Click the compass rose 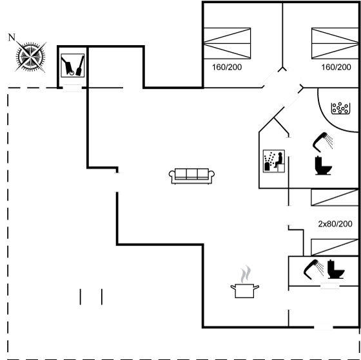(x=31, y=57)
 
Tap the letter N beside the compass (x=12, y=37)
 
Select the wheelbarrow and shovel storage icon (x=72, y=65)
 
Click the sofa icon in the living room (x=191, y=176)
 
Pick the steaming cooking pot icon (x=245, y=282)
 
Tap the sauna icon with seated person (x=274, y=161)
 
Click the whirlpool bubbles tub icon (x=340, y=108)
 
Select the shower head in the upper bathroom (x=322, y=142)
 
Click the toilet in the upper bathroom (x=323, y=166)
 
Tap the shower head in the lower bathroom (x=313, y=269)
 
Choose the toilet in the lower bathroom (x=336, y=269)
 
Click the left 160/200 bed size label (x=227, y=67)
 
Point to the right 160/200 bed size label (x=336, y=67)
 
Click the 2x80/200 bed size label (x=335, y=224)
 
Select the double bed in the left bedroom (x=227, y=43)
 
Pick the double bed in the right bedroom (x=335, y=43)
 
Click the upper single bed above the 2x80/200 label (x=335, y=197)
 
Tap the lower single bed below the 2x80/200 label (x=335, y=247)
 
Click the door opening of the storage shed (x=72, y=88)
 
